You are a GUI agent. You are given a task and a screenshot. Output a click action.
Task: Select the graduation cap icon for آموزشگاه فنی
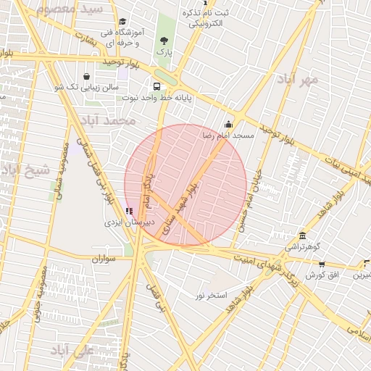[x=122, y=22]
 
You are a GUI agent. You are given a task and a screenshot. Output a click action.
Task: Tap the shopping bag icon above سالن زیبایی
[x=87, y=75]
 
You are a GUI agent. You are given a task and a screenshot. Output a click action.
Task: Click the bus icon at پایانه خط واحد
[x=157, y=85]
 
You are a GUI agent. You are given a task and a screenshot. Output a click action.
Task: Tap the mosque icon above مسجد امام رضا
[x=229, y=124]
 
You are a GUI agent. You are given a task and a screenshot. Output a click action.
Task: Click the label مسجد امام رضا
[x=229, y=136]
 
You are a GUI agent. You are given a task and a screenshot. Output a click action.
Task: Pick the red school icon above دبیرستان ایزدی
[x=129, y=211]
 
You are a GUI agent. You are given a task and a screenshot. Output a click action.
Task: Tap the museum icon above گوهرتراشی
[x=302, y=235]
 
